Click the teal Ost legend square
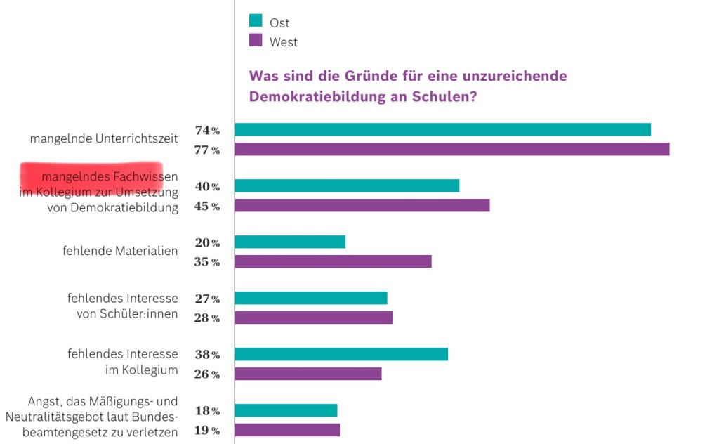pos(256,20)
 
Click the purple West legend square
pos(256,41)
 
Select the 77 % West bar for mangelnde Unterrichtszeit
pos(451,149)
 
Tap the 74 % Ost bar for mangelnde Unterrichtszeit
pos(442,129)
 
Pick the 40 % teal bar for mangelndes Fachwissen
pos(347,185)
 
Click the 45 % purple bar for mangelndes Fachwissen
pos(362,205)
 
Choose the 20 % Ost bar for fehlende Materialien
pos(290,242)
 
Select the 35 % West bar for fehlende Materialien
pos(333,261)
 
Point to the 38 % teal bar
pos(341,354)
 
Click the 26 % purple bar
pos(308,374)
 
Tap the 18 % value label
pos(207,411)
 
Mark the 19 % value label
pos(207,431)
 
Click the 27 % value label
pos(207,299)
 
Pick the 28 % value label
pos(207,318)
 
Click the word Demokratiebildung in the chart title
pos(313,97)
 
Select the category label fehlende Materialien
pos(120,251)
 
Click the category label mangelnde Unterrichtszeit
pos(104,139)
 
